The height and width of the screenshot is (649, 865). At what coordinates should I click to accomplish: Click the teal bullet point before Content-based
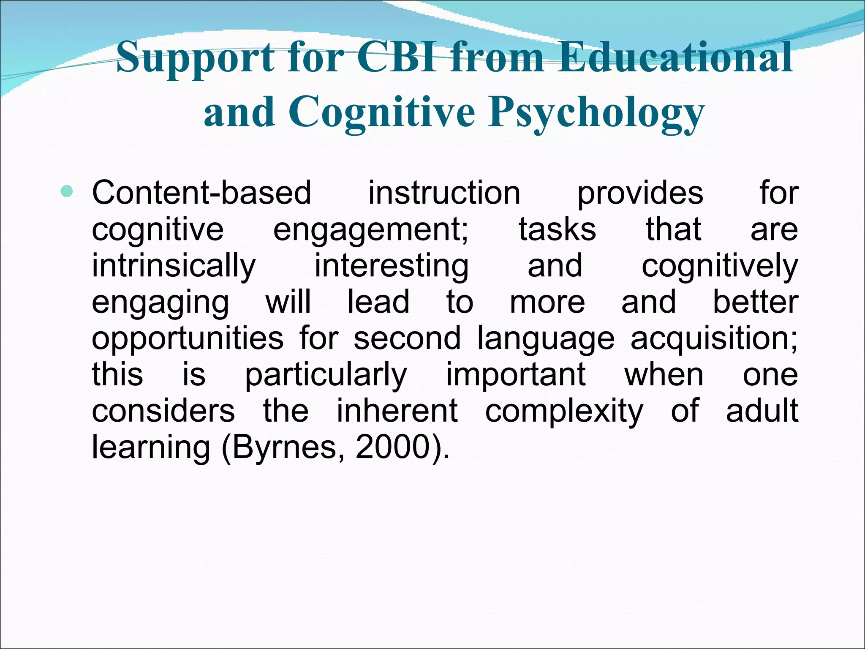(x=67, y=192)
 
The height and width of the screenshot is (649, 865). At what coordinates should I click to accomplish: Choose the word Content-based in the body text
(x=201, y=193)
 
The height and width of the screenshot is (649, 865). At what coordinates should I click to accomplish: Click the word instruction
(x=444, y=193)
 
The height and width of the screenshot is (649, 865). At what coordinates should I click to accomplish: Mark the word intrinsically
(x=174, y=266)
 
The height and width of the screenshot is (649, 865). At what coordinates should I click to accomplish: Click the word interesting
(x=392, y=266)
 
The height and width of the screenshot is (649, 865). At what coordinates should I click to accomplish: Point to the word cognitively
(x=720, y=266)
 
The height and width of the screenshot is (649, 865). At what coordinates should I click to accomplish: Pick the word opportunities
(x=188, y=339)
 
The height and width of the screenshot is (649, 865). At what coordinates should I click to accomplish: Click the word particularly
(x=326, y=375)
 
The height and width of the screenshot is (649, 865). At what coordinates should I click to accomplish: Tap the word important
(x=516, y=375)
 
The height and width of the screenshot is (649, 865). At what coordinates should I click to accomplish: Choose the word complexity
(x=564, y=412)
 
